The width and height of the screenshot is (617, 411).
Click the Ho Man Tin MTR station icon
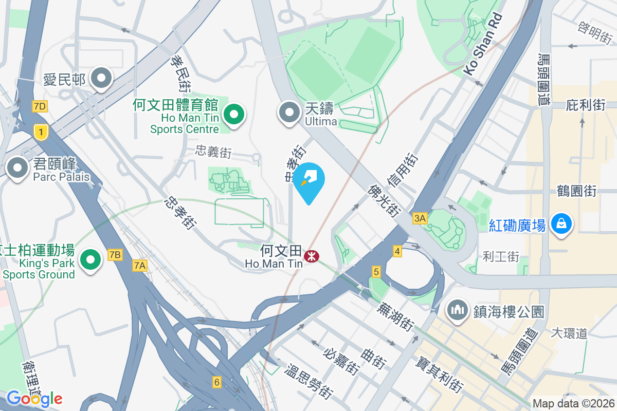click(x=311, y=255)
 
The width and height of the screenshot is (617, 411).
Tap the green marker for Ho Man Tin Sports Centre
click(x=234, y=114)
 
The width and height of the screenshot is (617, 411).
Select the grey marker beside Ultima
click(x=289, y=113)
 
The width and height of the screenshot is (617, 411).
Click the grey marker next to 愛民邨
click(x=101, y=79)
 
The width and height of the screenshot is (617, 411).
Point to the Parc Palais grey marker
click(x=17, y=167)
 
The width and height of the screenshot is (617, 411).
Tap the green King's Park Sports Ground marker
click(x=91, y=259)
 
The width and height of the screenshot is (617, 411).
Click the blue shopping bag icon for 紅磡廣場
click(x=561, y=224)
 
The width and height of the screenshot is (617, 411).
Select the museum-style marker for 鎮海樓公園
click(x=456, y=310)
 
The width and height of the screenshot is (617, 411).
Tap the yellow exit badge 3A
click(x=420, y=218)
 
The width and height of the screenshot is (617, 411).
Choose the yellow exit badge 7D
click(x=39, y=106)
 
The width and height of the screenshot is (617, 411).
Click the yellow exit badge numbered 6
click(x=217, y=382)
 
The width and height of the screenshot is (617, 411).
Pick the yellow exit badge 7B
click(x=115, y=254)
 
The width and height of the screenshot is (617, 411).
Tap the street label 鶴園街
click(x=576, y=191)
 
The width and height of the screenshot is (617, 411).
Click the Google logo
click(x=34, y=398)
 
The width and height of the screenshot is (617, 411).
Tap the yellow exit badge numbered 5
click(x=376, y=272)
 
